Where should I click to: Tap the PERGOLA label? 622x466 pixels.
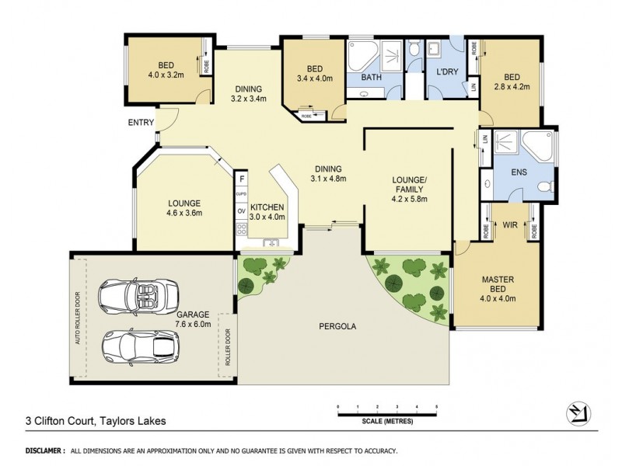click(337, 326)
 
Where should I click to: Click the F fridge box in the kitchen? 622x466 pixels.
click(242, 179)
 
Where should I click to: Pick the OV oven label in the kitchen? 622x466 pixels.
click(242, 210)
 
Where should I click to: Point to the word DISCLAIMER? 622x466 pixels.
click(44, 450)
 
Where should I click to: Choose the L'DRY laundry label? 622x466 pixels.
click(446, 71)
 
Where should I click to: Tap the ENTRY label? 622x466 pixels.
click(141, 123)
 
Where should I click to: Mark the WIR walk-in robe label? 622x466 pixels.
click(511, 224)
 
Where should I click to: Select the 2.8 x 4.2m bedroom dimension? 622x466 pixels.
click(512, 87)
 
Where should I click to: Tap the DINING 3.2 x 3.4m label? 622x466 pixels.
click(249, 93)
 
